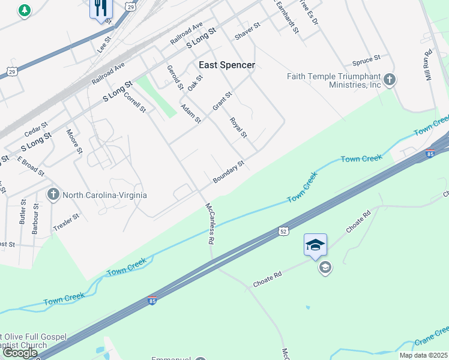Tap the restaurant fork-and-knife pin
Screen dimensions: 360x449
pyautogui.click(x=100, y=8)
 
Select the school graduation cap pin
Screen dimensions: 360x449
pyautogui.click(x=315, y=245)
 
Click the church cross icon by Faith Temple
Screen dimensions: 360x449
pyautogui.click(x=390, y=80)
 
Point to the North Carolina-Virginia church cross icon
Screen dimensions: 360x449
pyautogui.click(x=53, y=194)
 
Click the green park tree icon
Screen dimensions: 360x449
pyautogui.click(x=24, y=10)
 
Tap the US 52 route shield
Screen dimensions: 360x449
pyautogui.click(x=283, y=231)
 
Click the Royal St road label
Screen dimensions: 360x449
pyautogui.click(x=238, y=127)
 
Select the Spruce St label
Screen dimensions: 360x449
pyautogui.click(x=366, y=61)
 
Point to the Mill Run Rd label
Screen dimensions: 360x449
pyautogui.click(x=429, y=61)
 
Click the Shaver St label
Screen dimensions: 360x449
pyautogui.click(x=247, y=31)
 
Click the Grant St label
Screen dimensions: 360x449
pyautogui.click(x=221, y=101)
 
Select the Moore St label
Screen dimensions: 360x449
pyautogui.click(x=74, y=141)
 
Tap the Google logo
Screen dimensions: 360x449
pyautogui.click(x=20, y=353)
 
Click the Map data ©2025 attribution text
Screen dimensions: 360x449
pyautogui.click(x=423, y=355)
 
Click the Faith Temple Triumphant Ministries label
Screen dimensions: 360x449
pyautogui.click(x=334, y=80)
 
